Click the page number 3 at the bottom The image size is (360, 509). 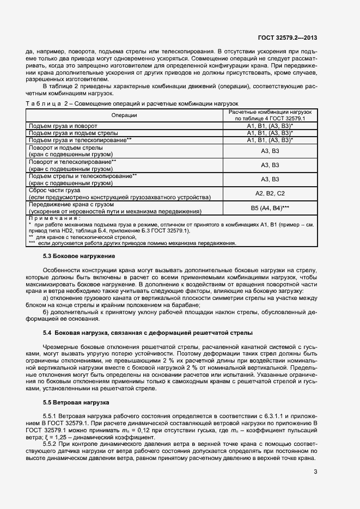[x=315, y=471]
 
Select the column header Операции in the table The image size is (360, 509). [x=124, y=115]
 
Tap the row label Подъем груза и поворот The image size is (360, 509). [x=63, y=126]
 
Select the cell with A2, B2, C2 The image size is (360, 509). [x=270, y=193]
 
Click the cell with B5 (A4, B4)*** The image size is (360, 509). [x=270, y=208]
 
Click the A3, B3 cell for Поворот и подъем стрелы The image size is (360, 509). [x=270, y=151]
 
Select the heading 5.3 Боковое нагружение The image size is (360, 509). [x=78, y=256]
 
